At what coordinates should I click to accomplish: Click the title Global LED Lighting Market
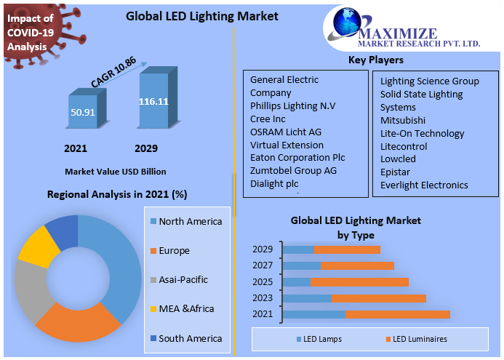point(191,16)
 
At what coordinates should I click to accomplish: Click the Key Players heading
point(376,60)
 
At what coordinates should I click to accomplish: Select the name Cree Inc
point(268,119)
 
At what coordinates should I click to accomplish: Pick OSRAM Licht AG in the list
point(285,132)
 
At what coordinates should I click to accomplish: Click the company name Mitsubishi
point(403,120)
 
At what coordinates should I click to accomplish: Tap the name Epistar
point(395,172)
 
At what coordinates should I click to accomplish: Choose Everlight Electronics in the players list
point(424,185)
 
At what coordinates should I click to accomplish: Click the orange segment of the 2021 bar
point(397,314)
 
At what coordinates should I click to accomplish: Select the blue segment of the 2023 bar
point(307,298)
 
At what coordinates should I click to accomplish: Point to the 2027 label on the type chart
point(263,265)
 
